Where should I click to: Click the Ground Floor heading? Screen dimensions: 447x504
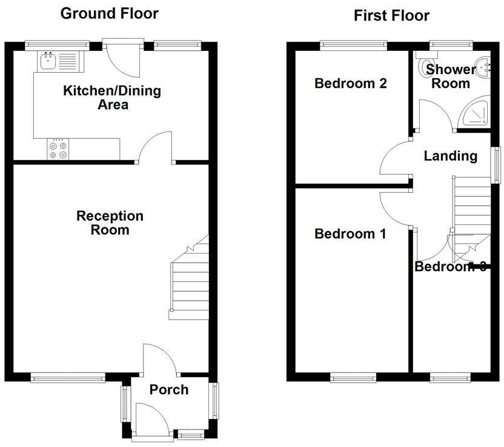[110, 13]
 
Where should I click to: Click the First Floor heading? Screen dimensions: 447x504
[391, 15]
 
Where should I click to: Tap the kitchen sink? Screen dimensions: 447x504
[47, 60]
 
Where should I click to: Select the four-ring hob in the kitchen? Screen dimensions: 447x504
[58, 150]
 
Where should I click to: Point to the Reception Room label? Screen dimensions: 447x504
[110, 223]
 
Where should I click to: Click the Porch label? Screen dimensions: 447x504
[169, 389]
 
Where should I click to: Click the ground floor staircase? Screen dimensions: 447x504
[190, 282]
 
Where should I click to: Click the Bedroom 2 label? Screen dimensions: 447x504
[350, 84]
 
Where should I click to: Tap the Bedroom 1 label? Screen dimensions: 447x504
[350, 234]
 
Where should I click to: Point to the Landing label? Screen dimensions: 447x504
[450, 156]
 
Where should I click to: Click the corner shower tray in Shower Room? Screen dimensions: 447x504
[475, 114]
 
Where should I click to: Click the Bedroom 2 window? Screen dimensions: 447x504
[353, 44]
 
